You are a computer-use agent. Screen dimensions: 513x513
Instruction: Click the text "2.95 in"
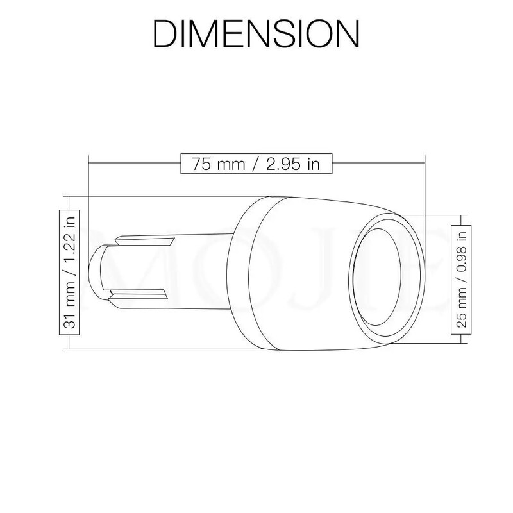tap(292, 163)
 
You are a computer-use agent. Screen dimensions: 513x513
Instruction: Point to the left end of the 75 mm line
tap(89, 163)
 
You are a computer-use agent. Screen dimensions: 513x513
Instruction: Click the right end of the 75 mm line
tap(425, 163)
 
